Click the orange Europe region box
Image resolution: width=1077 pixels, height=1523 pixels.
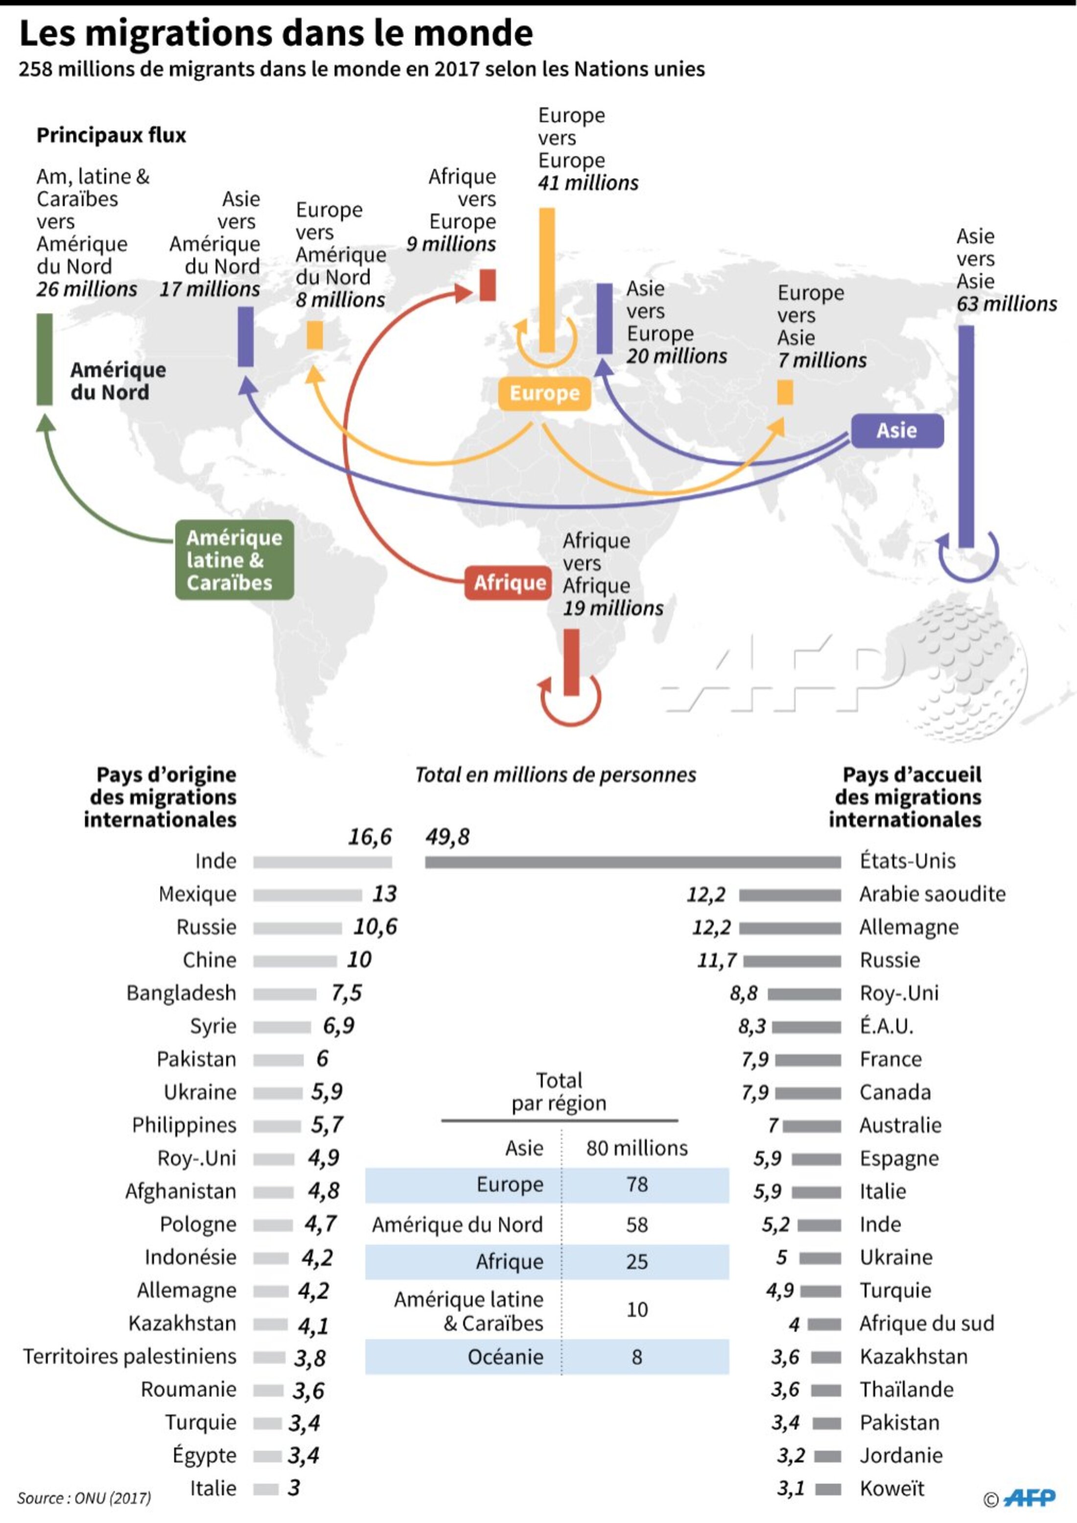click(x=544, y=393)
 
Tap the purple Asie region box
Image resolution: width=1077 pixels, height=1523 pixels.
click(x=897, y=430)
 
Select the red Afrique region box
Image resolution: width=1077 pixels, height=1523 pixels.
click(x=508, y=583)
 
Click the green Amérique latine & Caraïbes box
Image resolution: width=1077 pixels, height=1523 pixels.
click(x=234, y=560)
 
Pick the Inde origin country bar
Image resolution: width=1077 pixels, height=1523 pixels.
click(x=322, y=862)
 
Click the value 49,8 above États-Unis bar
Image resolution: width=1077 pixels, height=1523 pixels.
click(x=447, y=837)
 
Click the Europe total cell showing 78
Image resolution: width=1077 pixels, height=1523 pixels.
click(x=636, y=1184)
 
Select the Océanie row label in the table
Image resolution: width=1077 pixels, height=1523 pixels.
click(x=505, y=1357)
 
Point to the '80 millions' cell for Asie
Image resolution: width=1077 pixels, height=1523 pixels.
click(x=636, y=1148)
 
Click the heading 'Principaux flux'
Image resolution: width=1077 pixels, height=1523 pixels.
click(x=111, y=135)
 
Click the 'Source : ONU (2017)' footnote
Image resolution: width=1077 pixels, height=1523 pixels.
click(x=84, y=1498)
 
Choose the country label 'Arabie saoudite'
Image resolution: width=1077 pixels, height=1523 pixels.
click(x=932, y=894)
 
